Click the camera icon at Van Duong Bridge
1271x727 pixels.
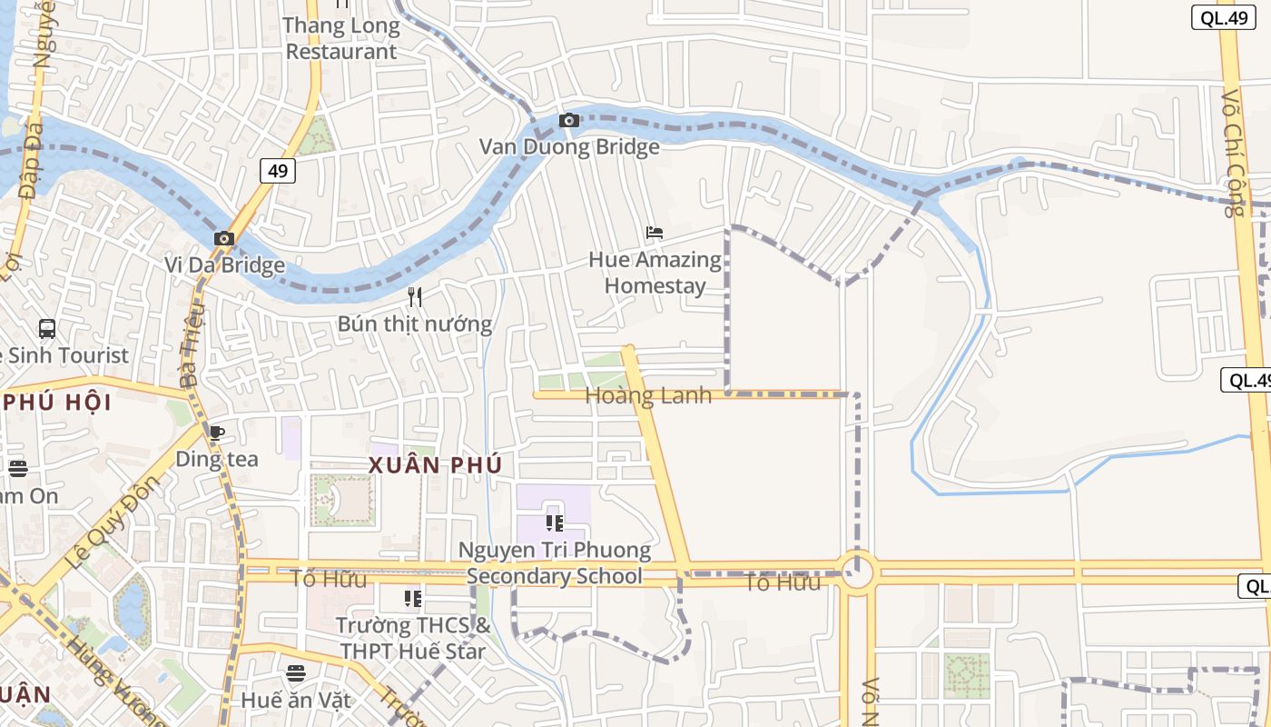point(569,121)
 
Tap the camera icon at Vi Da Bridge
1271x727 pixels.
point(224,239)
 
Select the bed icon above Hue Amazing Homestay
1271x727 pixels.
point(655,233)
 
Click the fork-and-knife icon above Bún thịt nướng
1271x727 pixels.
point(415,297)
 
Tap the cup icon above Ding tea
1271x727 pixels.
point(216,433)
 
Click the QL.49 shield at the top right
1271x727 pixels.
point(1223,17)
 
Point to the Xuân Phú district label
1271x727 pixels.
point(435,465)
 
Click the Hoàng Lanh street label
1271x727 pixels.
point(648,395)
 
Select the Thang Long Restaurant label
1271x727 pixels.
point(341,38)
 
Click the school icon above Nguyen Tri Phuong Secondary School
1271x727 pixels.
point(554,523)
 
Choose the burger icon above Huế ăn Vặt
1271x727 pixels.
point(295,673)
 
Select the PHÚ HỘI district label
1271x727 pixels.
point(56,402)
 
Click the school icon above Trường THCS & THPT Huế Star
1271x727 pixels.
point(413,598)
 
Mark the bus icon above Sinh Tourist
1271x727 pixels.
point(47,329)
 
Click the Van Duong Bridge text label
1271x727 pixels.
point(569,146)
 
